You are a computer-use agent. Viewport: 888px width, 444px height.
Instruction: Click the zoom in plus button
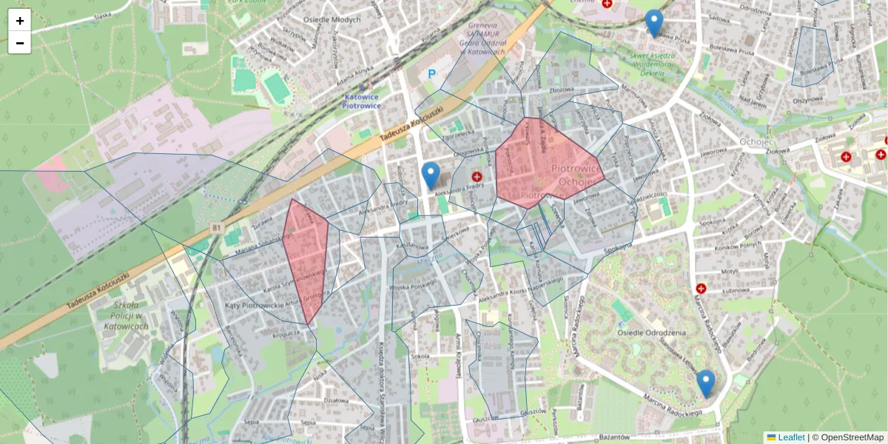pos(20,21)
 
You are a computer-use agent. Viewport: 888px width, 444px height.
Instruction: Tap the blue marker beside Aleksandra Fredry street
pos(430,177)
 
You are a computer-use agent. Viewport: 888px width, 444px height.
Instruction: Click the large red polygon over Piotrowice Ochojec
pos(548,163)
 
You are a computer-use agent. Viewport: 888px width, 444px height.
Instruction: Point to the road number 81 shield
pos(215,227)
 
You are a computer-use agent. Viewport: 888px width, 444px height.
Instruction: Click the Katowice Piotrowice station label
pos(361,101)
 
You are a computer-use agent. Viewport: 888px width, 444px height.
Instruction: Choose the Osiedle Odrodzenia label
pos(651,332)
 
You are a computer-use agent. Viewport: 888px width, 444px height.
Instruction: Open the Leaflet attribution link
pos(790,437)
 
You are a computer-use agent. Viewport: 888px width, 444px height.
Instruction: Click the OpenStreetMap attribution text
pos(852,437)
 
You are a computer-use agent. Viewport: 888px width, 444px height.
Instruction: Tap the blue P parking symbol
pos(431,74)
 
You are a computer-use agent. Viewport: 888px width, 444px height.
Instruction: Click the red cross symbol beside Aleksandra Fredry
pos(477,177)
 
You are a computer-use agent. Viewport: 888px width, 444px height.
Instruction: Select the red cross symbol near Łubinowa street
pos(701,288)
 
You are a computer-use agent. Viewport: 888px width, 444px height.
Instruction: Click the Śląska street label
pos(102,15)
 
